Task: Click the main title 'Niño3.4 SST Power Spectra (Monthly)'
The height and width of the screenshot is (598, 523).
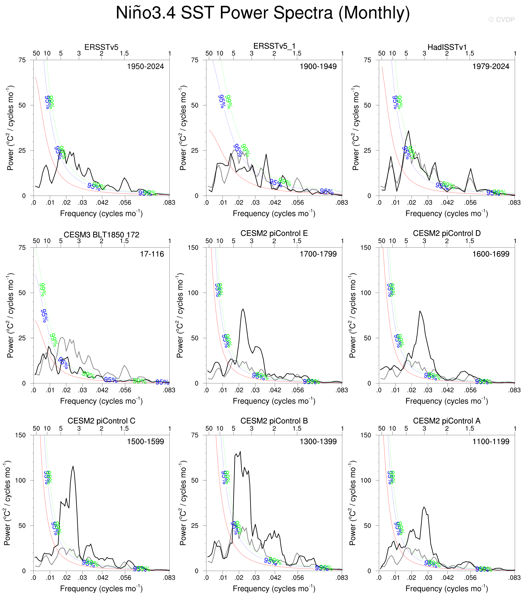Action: click(263, 13)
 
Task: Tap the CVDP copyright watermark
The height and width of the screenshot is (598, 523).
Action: click(501, 20)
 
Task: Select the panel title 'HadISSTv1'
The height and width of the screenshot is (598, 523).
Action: click(447, 47)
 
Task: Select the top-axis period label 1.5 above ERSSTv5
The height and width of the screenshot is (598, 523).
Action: click(124, 53)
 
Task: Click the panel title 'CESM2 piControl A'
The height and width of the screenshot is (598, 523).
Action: click(447, 421)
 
